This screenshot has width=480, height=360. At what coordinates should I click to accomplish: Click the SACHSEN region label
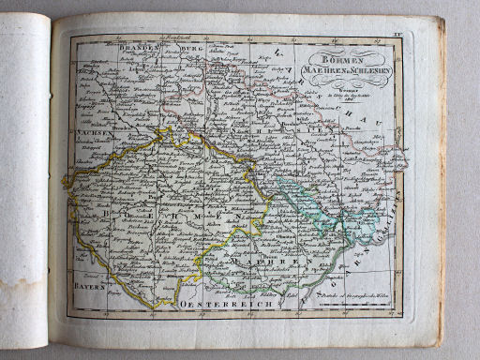93,134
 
